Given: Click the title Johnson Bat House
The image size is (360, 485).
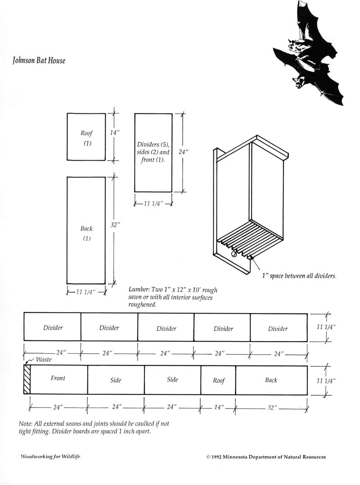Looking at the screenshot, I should (39, 60).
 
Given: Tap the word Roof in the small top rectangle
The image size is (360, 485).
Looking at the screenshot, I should (86, 133).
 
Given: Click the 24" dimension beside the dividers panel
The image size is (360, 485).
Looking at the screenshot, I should (182, 152).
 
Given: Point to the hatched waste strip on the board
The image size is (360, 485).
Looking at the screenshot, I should (27, 380).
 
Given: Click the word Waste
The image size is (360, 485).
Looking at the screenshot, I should (44, 359).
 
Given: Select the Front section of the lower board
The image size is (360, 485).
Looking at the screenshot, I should (58, 378).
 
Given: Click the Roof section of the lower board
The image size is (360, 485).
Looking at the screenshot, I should (219, 381).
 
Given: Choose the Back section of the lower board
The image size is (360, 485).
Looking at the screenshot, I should (271, 380).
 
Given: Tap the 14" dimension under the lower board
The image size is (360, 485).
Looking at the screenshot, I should (219, 408).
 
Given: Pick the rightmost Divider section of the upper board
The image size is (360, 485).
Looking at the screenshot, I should (278, 329).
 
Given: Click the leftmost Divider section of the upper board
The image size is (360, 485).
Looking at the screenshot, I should (53, 328).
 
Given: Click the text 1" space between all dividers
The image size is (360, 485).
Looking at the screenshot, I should (299, 276).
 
